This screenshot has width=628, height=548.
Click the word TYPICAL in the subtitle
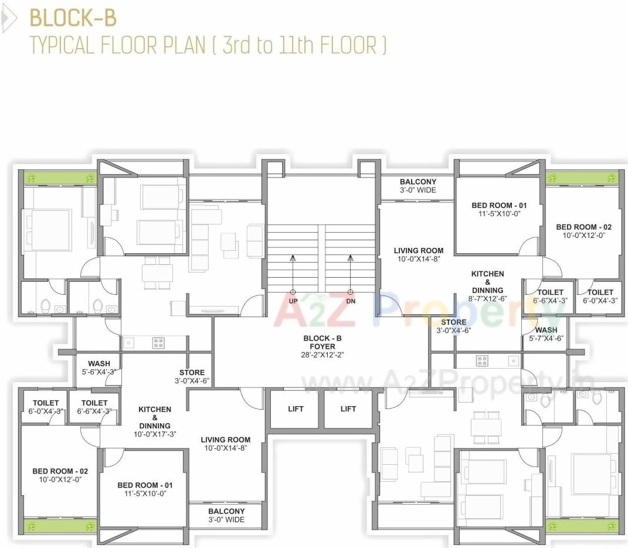tap(62, 45)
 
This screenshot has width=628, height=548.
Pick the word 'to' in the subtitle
tap(265, 46)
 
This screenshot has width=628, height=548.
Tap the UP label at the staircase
tap(293, 301)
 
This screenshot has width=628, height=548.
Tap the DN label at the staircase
tap(351, 301)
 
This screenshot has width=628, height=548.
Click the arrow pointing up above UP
tap(293, 258)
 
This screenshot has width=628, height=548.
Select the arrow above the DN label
tap(351, 258)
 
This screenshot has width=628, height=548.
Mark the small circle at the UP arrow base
tap(293, 292)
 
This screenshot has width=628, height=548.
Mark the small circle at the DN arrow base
tap(351, 292)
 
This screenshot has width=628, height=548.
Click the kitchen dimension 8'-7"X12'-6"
tap(487, 298)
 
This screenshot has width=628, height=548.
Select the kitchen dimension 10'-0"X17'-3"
tap(155, 434)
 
